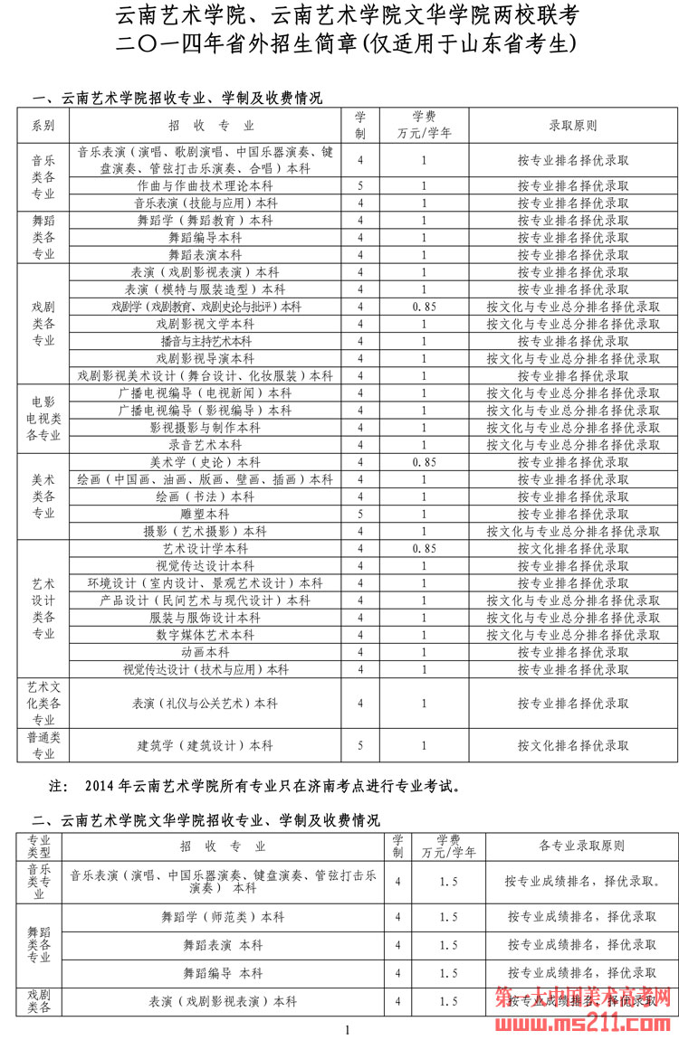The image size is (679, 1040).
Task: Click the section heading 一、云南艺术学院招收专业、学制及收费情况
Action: (x=177, y=99)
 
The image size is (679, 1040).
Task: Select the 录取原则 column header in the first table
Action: (x=573, y=126)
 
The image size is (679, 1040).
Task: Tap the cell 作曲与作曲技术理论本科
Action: (x=206, y=185)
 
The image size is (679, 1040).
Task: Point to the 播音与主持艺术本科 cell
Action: (x=206, y=341)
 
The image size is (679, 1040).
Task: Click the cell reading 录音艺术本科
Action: (x=206, y=445)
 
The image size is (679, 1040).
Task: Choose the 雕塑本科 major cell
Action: (x=206, y=514)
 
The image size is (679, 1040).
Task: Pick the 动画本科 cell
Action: (x=206, y=652)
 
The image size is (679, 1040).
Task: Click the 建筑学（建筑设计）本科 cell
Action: (x=206, y=746)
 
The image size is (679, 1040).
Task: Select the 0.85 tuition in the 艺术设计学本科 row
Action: (x=424, y=548)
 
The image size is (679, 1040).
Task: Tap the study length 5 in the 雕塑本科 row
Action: (x=360, y=514)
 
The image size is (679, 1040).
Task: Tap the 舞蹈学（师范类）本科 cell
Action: (x=223, y=916)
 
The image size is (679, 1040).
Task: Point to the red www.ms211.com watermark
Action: (x=585, y=1021)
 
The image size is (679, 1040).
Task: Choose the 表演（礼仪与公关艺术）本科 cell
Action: (x=206, y=703)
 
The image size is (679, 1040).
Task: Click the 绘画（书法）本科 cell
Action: (x=206, y=496)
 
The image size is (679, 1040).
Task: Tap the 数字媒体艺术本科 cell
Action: (x=206, y=635)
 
